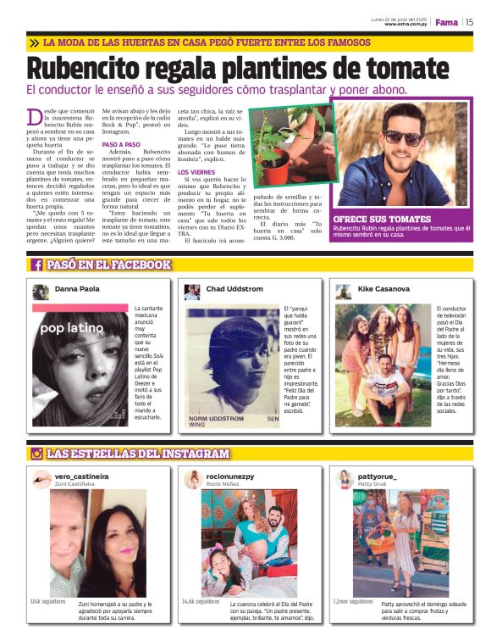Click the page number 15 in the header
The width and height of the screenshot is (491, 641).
click(469, 23)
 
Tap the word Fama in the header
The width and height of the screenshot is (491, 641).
click(446, 23)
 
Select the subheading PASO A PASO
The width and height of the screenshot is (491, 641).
click(120, 144)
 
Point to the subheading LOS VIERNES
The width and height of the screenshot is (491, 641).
click(196, 172)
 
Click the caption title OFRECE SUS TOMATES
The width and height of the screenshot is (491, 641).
click(382, 219)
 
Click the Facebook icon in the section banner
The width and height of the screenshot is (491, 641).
click(37, 265)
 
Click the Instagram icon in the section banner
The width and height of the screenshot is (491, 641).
click(36, 454)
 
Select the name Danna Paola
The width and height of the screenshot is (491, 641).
click(76, 289)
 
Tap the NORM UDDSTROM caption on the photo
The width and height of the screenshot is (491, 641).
click(218, 419)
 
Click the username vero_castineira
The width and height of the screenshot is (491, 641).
click(82, 477)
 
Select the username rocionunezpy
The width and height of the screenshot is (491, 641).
click(230, 477)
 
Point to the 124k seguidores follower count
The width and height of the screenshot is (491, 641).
click(47, 600)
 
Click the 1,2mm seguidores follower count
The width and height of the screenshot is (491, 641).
click(351, 600)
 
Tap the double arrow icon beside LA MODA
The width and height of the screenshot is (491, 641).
click(33, 42)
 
